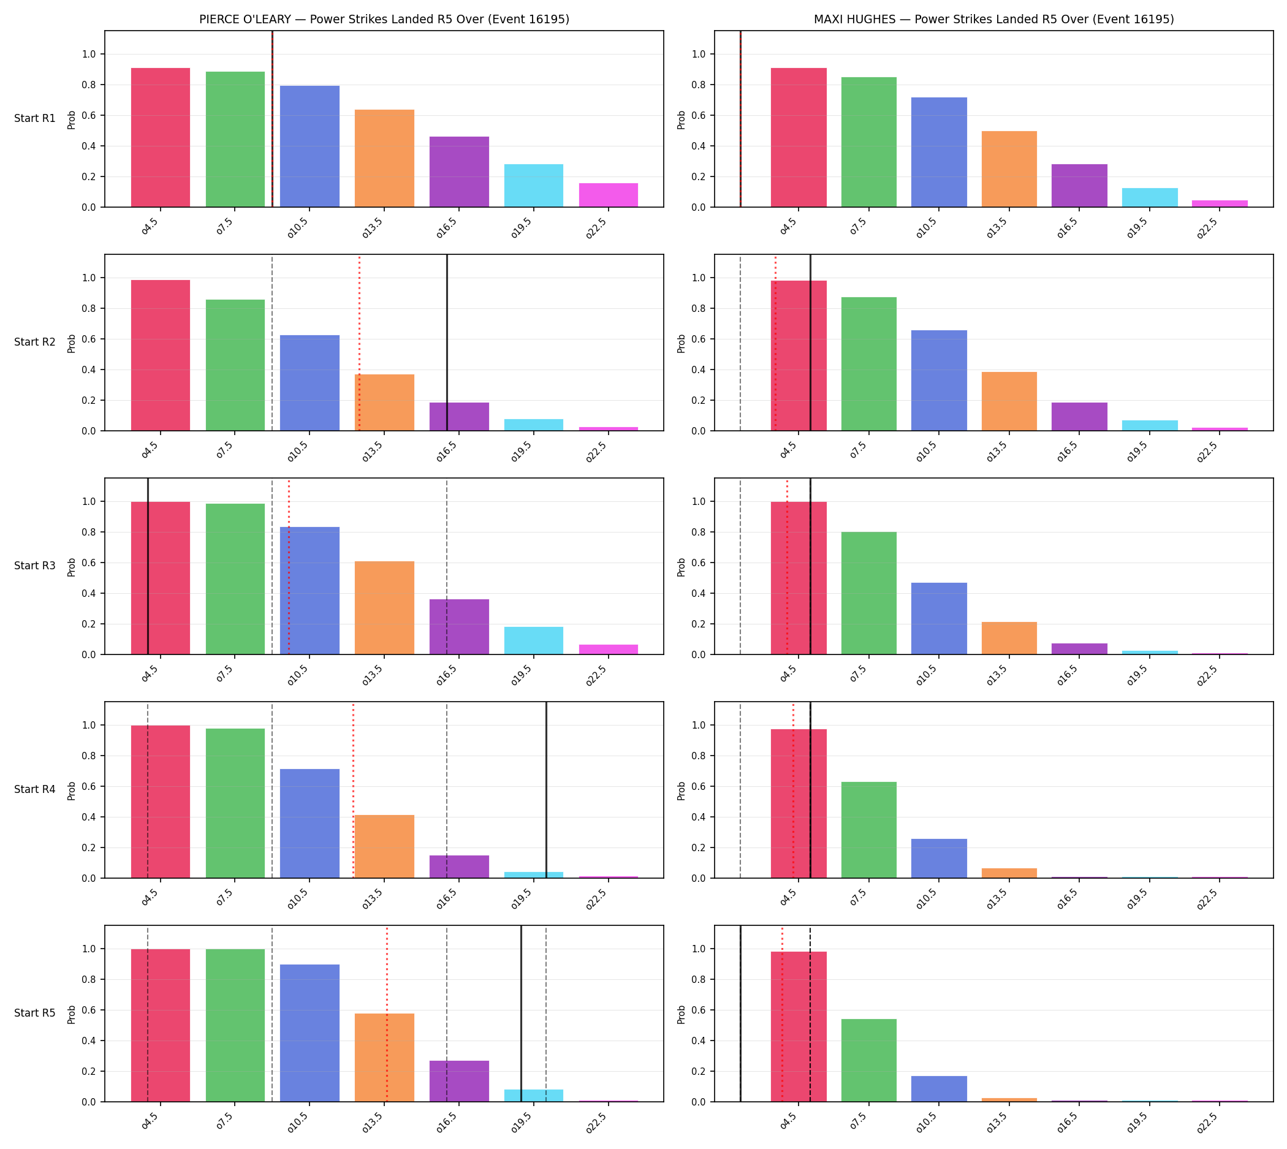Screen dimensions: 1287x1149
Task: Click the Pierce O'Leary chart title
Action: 384,19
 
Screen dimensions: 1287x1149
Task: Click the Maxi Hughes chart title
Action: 993,19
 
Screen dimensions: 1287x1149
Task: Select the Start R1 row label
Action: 35,118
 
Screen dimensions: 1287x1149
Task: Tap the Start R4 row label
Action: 35,789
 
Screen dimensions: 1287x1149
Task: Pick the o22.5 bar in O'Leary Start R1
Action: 608,195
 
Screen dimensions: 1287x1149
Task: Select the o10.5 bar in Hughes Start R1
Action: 938,152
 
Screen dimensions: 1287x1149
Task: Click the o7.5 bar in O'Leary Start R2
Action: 235,365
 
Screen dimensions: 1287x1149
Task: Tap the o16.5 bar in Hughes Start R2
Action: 1079,417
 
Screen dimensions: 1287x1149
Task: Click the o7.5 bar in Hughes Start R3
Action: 868,593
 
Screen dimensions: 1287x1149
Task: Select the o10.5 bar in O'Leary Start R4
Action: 309,823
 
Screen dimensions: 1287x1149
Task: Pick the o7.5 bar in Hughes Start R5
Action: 868,1060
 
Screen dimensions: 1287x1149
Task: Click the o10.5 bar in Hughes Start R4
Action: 938,859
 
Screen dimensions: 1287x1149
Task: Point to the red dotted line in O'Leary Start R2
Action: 359,343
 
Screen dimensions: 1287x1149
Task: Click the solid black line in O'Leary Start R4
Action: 546,790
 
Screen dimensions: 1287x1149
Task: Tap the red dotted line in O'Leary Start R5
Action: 387,1014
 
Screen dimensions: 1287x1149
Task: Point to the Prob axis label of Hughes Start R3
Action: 681,567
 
